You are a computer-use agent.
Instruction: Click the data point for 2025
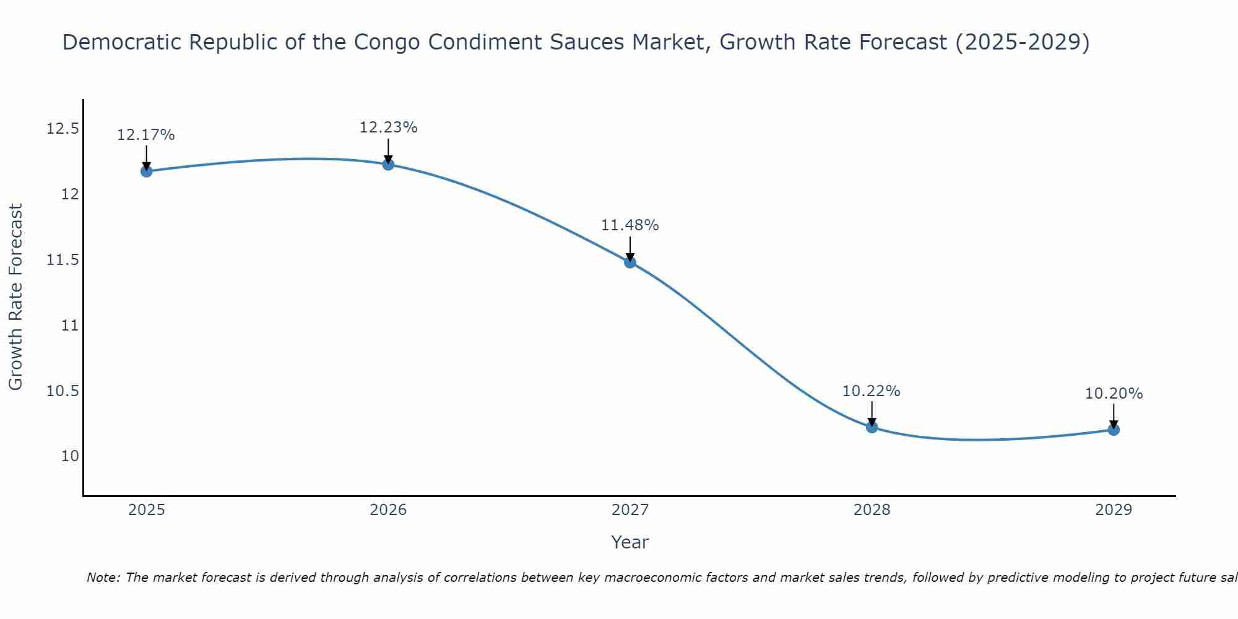147,171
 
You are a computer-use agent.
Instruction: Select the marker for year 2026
388,164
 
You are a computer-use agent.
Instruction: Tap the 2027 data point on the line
630,262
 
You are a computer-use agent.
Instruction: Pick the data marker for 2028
872,427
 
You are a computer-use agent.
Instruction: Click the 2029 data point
1114,430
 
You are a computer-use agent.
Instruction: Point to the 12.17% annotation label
146,135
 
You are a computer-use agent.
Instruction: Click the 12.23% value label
388,128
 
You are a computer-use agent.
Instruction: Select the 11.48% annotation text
630,225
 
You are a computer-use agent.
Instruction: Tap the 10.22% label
872,391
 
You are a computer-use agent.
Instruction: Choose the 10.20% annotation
1114,394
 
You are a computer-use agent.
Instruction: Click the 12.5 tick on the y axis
63,129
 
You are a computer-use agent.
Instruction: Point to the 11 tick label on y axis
71,325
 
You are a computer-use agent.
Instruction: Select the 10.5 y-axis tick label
63,391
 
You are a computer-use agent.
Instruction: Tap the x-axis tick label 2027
630,510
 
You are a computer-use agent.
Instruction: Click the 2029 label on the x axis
1114,510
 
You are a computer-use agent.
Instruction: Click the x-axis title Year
630,542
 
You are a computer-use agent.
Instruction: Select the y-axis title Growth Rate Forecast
16,297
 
